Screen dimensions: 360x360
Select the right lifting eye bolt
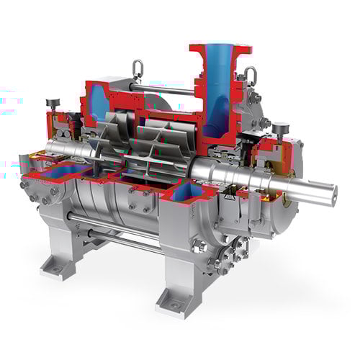[x=251, y=73]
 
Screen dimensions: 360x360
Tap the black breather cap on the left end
[x=51, y=103]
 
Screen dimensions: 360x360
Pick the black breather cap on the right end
[x=276, y=129]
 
